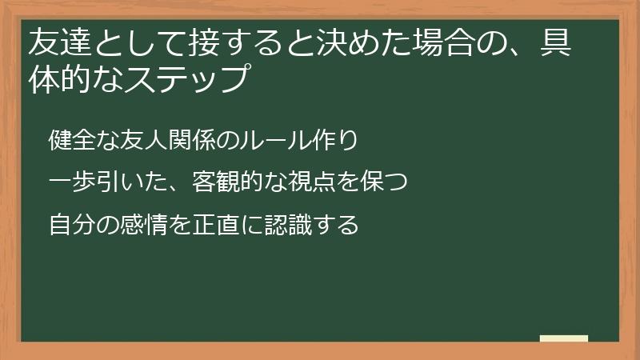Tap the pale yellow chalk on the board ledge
click(563, 338)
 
